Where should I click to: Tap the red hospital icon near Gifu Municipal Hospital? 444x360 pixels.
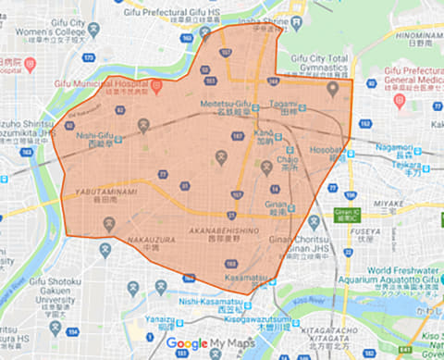(154, 84)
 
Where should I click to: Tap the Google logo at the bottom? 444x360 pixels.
(187, 342)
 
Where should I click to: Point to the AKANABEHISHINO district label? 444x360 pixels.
(219, 232)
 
